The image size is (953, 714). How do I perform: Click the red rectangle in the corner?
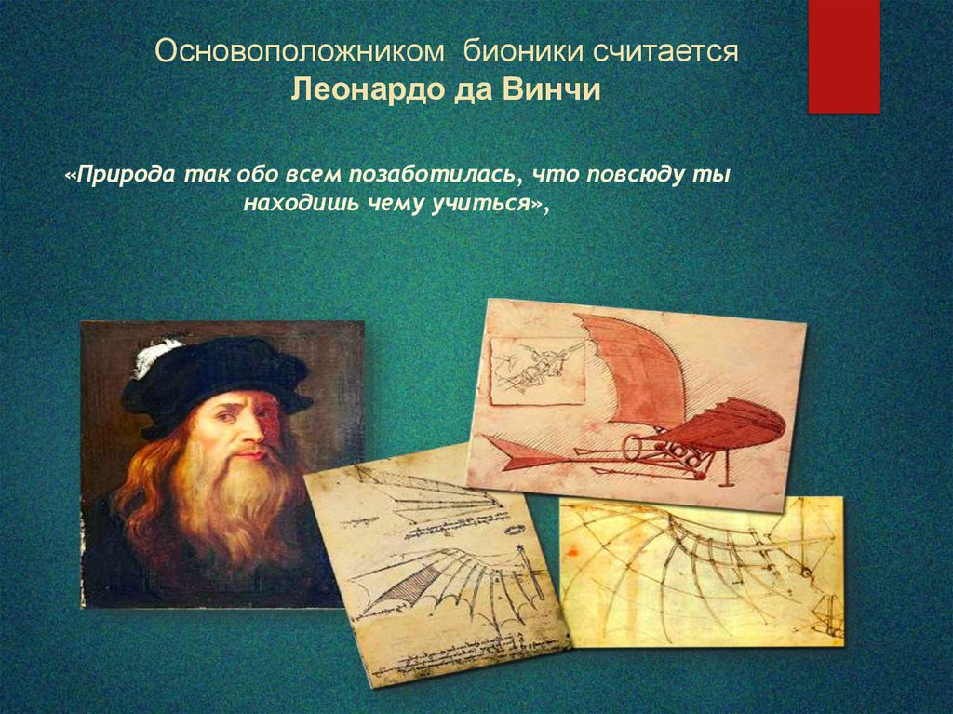843,56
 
